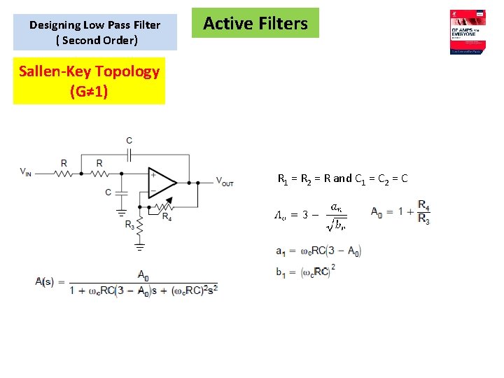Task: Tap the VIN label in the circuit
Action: (25, 171)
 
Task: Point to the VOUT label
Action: (225, 182)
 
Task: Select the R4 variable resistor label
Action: (167, 217)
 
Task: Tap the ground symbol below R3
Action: (139, 246)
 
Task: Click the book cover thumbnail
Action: (468, 31)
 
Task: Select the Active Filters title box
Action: (255, 23)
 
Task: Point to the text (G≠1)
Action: (89, 91)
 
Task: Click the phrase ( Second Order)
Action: (97, 40)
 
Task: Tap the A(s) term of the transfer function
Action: (44, 281)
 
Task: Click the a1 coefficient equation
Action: (318, 251)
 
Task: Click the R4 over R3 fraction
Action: (423, 211)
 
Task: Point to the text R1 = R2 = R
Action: (304, 178)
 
